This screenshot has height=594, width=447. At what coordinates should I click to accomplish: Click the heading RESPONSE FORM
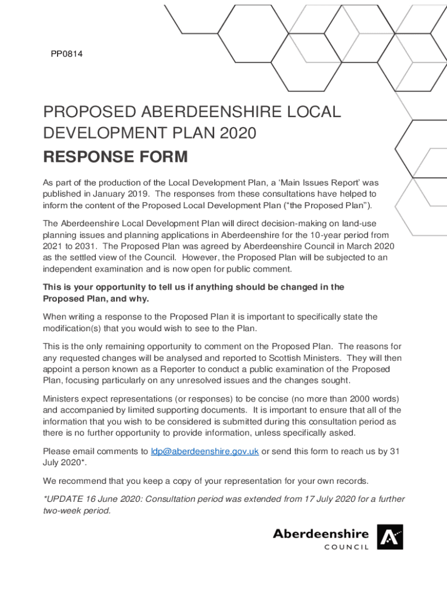[x=116, y=157]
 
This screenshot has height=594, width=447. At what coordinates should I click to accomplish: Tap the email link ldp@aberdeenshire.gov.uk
[x=204, y=451]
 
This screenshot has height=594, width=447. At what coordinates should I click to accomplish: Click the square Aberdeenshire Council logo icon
[x=390, y=537]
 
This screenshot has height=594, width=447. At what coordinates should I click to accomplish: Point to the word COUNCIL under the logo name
[x=347, y=548]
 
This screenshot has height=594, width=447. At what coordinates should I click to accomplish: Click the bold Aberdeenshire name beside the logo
[x=320, y=533]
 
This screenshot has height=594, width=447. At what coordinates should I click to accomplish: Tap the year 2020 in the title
[x=236, y=133]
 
